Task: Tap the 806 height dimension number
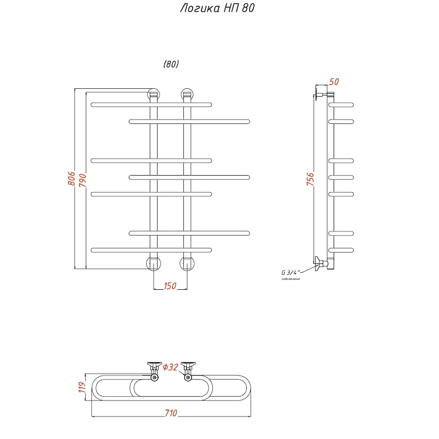[x=71, y=179]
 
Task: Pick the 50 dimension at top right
[x=334, y=82]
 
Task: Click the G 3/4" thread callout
[x=291, y=272]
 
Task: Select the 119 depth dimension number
[x=82, y=388]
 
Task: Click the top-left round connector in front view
[x=154, y=94]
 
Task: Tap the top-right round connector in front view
[x=187, y=94]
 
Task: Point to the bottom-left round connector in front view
[x=154, y=263]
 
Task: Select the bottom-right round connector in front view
[x=187, y=263]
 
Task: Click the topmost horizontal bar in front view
[x=151, y=104]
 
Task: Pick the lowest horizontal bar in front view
[x=151, y=250]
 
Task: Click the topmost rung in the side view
[x=341, y=104]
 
